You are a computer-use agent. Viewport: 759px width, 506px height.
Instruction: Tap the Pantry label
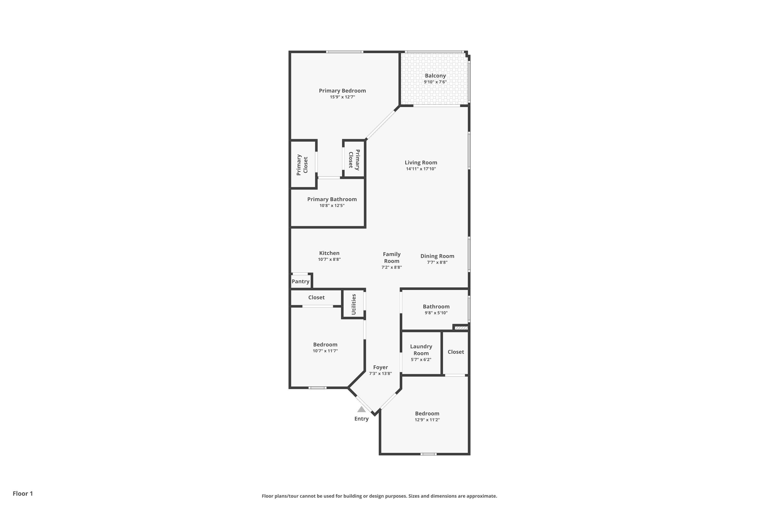coord(301,281)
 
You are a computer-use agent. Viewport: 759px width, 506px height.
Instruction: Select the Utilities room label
coord(354,304)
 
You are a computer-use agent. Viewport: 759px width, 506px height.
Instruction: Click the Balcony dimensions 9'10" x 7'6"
coord(435,82)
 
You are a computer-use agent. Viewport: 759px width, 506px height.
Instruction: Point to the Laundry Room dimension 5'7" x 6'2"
coord(421,360)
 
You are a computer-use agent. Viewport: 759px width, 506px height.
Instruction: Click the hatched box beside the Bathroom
coord(461,328)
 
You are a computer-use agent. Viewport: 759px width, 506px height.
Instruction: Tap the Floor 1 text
coord(23,493)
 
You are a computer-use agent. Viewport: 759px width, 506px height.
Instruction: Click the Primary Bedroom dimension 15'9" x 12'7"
coord(342,97)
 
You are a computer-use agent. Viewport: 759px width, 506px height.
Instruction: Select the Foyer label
coord(381,367)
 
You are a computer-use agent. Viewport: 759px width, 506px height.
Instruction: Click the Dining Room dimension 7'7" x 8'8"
coord(437,262)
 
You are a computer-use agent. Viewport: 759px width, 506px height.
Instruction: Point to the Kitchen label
coord(329,253)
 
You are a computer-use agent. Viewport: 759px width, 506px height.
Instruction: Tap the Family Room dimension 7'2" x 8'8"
coord(392,267)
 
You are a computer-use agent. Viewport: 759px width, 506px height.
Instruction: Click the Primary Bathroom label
coord(332,199)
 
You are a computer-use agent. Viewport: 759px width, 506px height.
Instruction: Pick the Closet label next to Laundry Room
coord(456,352)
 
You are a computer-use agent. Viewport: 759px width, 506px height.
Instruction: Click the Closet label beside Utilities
coord(316,297)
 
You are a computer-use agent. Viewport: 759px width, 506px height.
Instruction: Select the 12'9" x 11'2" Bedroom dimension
coord(427,420)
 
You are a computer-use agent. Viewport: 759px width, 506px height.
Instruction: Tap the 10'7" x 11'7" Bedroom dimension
coord(325,351)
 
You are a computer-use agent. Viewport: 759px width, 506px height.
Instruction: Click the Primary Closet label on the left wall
coord(302,165)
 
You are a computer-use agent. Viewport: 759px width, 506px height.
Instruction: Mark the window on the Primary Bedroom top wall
coord(345,52)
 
